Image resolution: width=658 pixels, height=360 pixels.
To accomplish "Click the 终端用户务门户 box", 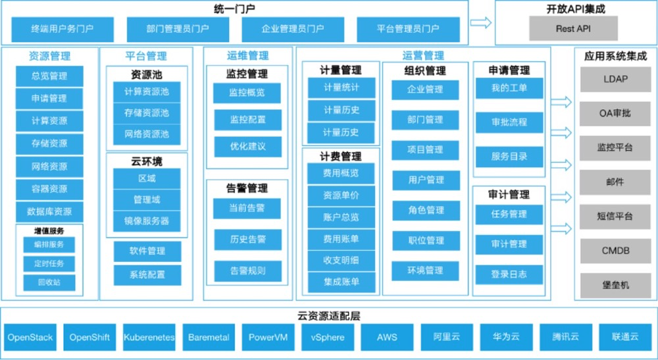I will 63,29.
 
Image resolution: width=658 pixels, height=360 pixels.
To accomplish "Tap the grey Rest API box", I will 574,29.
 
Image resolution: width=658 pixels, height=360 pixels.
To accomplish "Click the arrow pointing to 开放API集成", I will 481,23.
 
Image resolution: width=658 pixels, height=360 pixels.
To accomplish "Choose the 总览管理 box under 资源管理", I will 49,76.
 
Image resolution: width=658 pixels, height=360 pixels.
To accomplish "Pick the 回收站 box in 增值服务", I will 49,282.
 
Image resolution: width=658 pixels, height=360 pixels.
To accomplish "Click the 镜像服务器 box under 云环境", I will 147,220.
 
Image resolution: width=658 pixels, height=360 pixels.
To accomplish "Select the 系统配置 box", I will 147,275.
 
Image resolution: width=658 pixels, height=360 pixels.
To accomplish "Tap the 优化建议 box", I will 247,146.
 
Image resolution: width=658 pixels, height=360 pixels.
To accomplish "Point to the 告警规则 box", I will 247,270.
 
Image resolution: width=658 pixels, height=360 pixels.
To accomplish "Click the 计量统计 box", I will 342,88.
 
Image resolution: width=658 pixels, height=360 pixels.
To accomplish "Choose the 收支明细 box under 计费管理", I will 342,261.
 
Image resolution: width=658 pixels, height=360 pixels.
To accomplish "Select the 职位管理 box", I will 426,240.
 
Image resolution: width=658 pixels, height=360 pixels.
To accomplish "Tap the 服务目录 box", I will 509,157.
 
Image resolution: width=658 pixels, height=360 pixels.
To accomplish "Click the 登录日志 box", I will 509,274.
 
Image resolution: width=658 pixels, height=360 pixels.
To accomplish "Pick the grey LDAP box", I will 615,80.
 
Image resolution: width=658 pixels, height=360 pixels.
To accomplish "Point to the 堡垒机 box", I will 615,285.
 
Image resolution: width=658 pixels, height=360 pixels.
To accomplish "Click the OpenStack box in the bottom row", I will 30,338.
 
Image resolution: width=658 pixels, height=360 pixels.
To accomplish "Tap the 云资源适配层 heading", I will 328,315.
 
